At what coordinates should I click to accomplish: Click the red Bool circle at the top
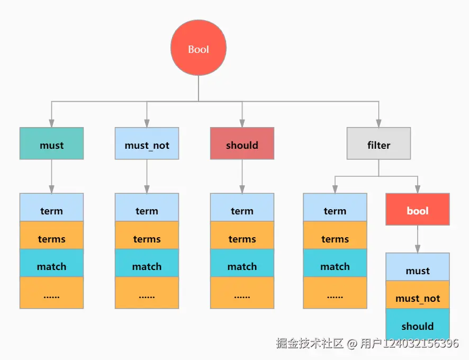click(199, 49)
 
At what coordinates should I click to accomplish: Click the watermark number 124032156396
click(421, 343)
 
